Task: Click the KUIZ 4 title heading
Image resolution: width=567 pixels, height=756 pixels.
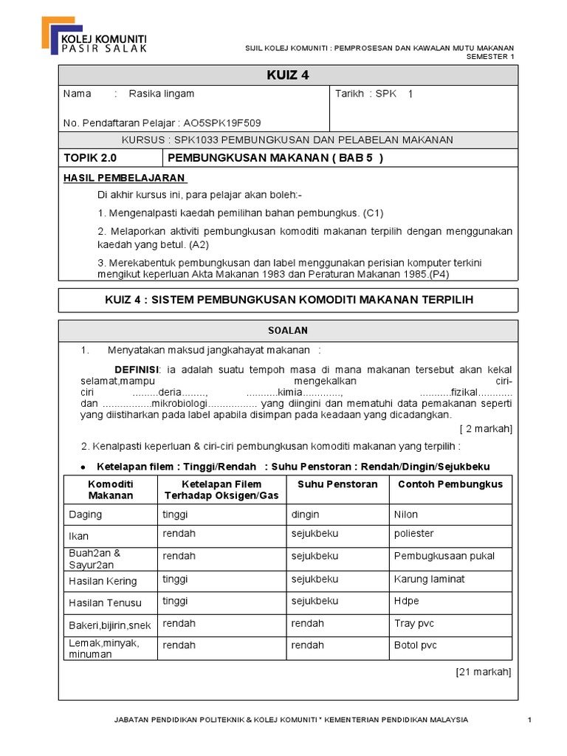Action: coord(287,75)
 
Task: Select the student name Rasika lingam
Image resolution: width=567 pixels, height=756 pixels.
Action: coord(162,94)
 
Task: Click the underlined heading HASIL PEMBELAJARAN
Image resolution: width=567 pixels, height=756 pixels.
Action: coord(125,179)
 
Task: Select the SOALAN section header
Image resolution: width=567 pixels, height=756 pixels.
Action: coord(288,330)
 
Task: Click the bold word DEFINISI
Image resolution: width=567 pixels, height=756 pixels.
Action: coord(137,369)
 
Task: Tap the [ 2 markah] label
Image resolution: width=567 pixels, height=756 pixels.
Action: coord(485,429)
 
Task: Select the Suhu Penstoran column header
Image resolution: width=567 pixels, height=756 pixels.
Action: coord(337,484)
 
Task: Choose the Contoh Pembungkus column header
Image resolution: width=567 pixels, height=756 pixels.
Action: coord(450,484)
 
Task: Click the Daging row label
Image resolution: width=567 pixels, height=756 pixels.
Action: coord(85,515)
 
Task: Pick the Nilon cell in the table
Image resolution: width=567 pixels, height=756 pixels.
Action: coord(406,515)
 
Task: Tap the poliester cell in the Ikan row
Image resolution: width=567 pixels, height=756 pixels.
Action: coord(414,534)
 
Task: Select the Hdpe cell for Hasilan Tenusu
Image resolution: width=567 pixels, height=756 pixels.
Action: coord(407,602)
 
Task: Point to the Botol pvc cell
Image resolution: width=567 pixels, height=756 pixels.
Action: coord(416,645)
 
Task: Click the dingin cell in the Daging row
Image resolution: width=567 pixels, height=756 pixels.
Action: coord(306,515)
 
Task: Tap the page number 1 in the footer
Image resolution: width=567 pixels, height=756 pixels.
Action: coord(530,720)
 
